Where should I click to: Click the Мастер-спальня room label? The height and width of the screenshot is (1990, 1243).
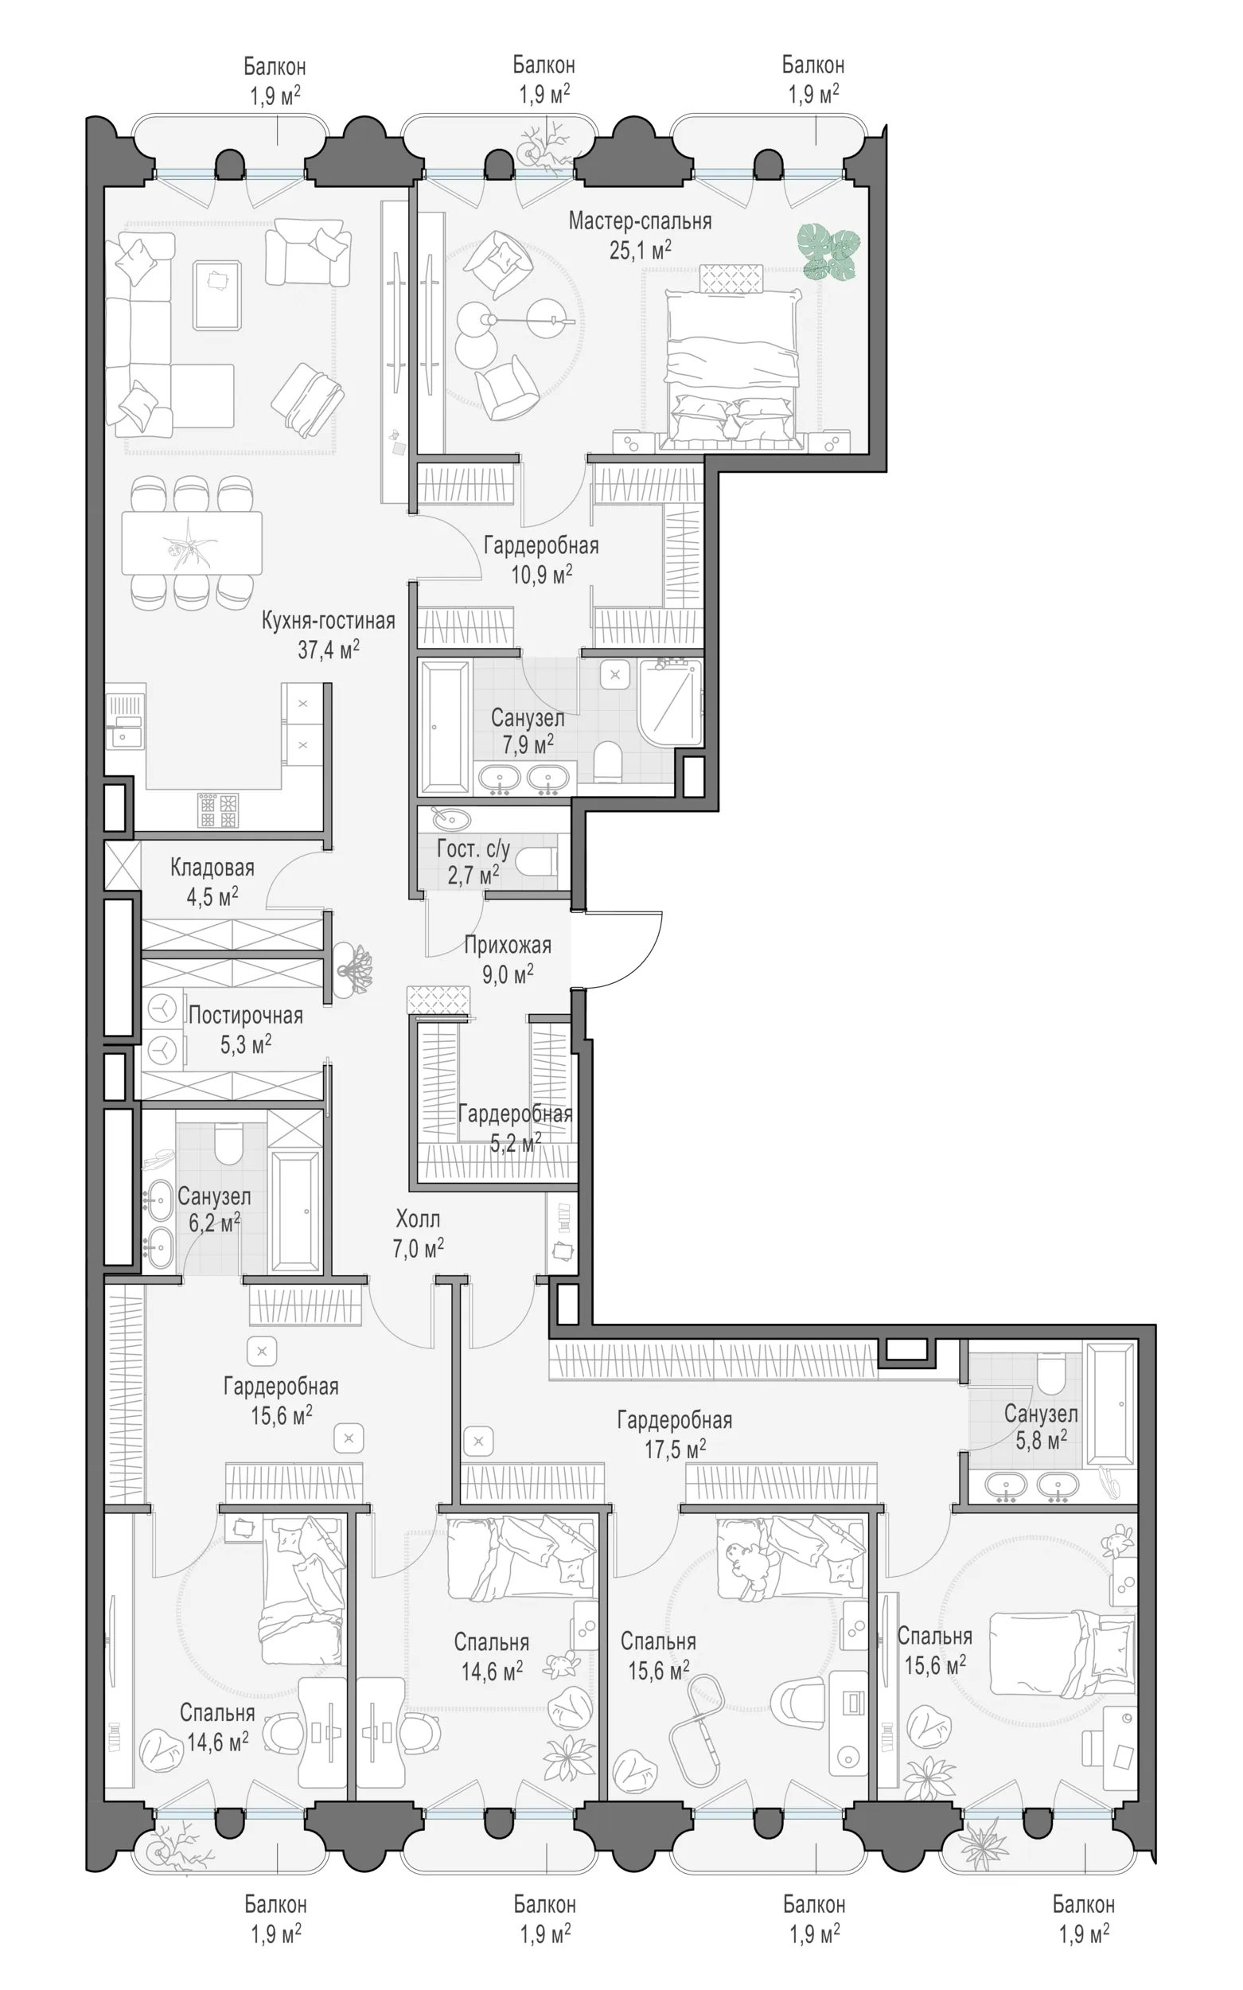640,221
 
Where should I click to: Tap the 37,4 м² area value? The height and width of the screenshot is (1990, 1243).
328,650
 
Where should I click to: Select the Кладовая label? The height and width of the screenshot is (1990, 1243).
212,868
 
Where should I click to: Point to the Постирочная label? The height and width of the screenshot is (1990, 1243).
246,1016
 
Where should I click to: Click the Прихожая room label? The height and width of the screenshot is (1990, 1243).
507,946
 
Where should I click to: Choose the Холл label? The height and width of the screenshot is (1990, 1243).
418,1219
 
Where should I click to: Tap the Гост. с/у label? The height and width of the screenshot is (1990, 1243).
473,849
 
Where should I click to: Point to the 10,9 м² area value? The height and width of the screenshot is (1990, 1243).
541,574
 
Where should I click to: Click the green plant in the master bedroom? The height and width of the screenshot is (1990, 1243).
828,250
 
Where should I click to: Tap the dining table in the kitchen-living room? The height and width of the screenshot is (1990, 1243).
192,543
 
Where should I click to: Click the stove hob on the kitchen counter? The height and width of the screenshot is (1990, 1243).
218,810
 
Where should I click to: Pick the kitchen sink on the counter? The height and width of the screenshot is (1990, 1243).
125,724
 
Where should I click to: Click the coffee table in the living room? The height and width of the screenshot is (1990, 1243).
217,295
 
